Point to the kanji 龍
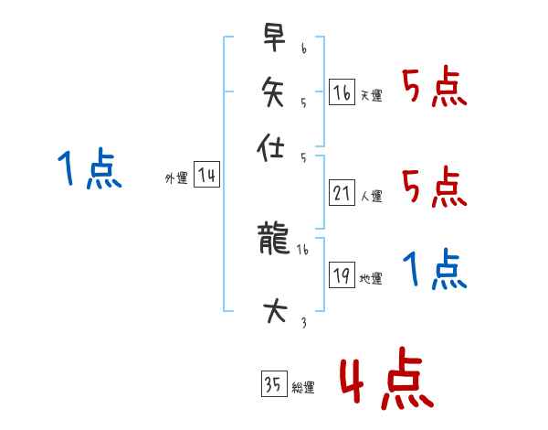click(x=273, y=241)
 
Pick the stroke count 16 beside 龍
click(x=303, y=249)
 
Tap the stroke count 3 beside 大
click(x=303, y=322)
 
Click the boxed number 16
click(x=341, y=91)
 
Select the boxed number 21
click(x=341, y=192)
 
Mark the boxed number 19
click(x=341, y=275)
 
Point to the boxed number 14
click(x=206, y=175)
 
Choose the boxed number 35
click(x=272, y=383)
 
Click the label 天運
click(x=372, y=95)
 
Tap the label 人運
click(x=372, y=196)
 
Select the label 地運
click(x=372, y=279)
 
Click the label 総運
click(x=303, y=387)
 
